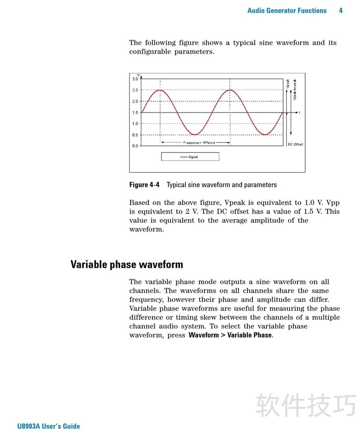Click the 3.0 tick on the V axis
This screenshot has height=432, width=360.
pyautogui.click(x=135, y=79)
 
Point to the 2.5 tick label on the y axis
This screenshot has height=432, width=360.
pyautogui.click(x=135, y=90)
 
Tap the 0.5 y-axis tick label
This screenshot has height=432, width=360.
pyautogui.click(x=135, y=135)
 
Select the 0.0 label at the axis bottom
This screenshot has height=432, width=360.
pyautogui.click(x=135, y=146)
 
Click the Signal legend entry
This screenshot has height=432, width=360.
pyautogui.click(x=190, y=157)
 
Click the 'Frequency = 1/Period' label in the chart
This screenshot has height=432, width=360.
pyautogui.click(x=195, y=143)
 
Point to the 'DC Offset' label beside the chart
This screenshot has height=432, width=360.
pyautogui.click(x=295, y=144)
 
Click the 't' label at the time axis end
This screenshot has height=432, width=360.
pyautogui.click(x=299, y=112)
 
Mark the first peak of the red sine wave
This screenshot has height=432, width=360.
pyautogui.click(x=160, y=90)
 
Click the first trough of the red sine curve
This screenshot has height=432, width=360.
pyautogui.click(x=195, y=134)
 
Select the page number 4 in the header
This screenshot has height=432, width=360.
pyautogui.click(x=341, y=10)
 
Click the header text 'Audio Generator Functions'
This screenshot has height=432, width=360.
pyautogui.click(x=287, y=10)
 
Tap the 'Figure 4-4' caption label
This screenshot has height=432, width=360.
pyautogui.click(x=144, y=184)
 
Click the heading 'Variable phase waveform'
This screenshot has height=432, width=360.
pyautogui.click(x=126, y=264)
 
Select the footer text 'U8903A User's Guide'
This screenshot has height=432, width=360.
pyautogui.click(x=49, y=426)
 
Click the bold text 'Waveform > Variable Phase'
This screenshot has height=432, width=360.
pyautogui.click(x=230, y=335)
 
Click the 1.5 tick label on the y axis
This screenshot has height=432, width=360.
pyautogui.click(x=135, y=113)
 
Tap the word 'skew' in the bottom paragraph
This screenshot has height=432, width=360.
pyautogui.click(x=209, y=317)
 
